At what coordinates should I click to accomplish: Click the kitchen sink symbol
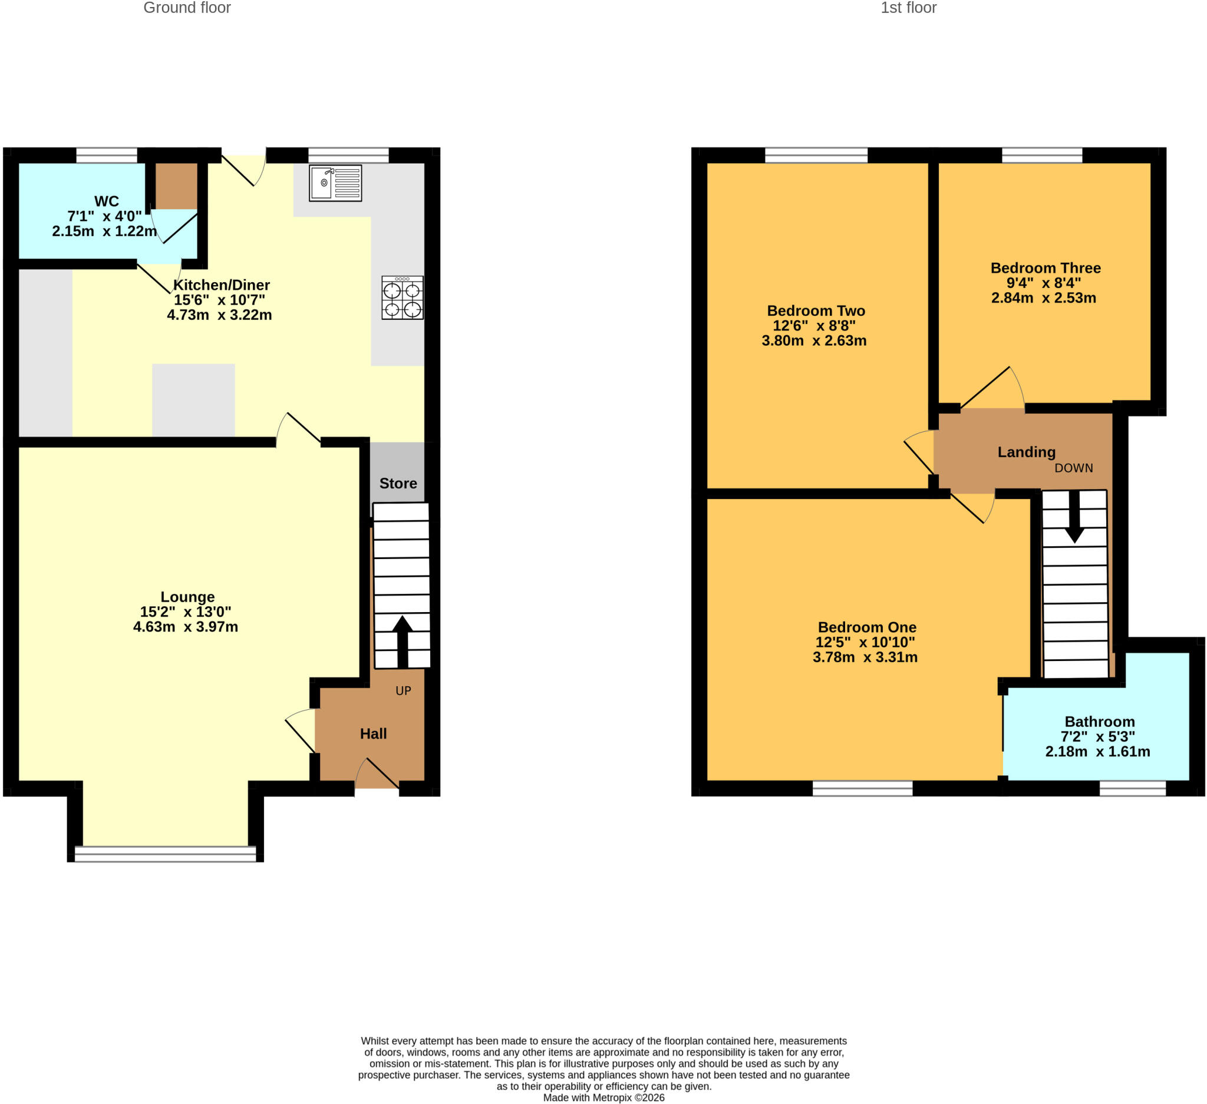[335, 183]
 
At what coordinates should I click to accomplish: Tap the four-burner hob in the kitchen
[403, 298]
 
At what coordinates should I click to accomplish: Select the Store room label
[398, 484]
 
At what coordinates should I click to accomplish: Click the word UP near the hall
[404, 690]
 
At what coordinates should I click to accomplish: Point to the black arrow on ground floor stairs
[403, 642]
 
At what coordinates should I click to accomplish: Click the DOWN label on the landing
[1074, 468]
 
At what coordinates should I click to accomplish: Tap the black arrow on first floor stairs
[1074, 517]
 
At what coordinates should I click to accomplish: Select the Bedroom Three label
[1046, 268]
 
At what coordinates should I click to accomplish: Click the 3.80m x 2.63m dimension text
[814, 341]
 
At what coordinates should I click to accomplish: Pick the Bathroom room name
[1100, 722]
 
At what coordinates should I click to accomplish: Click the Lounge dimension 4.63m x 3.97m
[186, 626]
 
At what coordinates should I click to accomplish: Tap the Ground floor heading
[187, 8]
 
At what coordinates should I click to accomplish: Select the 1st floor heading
[908, 8]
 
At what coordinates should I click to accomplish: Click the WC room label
[107, 201]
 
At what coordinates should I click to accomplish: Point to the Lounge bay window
[165, 854]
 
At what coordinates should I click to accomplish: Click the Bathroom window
[1133, 788]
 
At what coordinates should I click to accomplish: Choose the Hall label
[374, 733]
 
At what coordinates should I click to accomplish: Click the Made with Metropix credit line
[604, 1098]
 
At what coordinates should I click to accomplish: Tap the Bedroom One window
[863, 788]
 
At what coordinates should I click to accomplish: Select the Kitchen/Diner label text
[222, 285]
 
